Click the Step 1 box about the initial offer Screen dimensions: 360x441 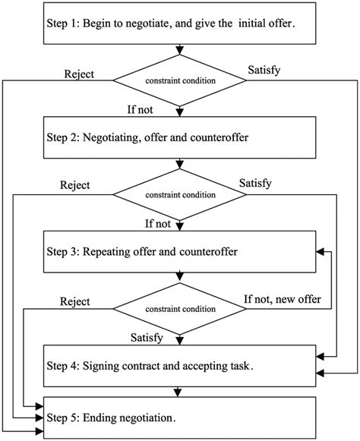(x=179, y=24)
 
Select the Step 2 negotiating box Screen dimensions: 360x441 (x=179, y=137)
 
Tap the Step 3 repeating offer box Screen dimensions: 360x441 (x=179, y=252)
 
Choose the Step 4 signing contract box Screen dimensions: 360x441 (x=179, y=366)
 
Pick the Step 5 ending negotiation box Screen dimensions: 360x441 (x=179, y=417)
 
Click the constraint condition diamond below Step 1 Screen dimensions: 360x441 (x=179, y=80)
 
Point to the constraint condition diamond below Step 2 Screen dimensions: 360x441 (x=179, y=194)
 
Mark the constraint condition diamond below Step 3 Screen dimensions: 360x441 (x=179, y=309)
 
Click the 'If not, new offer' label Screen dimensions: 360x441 (x=283, y=299)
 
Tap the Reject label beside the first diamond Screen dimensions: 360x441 (x=79, y=74)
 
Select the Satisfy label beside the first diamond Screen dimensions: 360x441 (x=264, y=71)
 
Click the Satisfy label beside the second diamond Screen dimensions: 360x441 (x=255, y=184)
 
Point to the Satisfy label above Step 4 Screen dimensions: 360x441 (x=147, y=338)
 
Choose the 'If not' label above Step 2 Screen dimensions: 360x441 (x=141, y=110)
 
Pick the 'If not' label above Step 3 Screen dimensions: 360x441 (x=158, y=224)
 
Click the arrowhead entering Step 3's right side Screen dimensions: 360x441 (x=320, y=252)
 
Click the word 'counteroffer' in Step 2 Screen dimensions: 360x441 (x=219, y=137)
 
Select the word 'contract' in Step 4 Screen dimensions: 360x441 (x=144, y=366)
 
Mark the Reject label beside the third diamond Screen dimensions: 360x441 (x=75, y=302)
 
